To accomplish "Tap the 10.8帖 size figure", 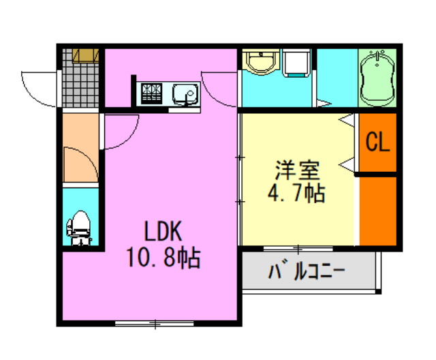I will pos(162,258).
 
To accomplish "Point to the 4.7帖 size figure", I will pos(296,193).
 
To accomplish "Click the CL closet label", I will pos(377,142).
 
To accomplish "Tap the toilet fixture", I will pos(80,226).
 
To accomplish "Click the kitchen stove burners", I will pos(151,93).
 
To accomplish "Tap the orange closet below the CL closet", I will pos(377,208).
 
